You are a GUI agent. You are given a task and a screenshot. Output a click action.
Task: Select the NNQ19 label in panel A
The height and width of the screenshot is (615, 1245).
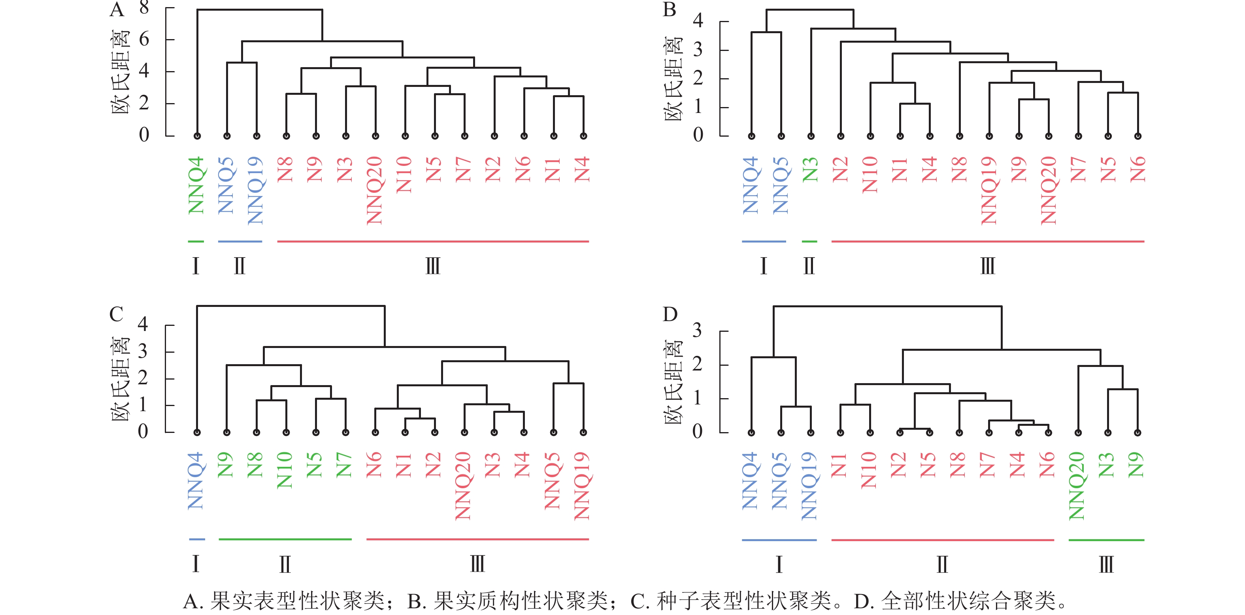click(256, 190)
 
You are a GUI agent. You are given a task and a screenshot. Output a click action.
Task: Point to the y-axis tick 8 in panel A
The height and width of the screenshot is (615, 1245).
click(144, 8)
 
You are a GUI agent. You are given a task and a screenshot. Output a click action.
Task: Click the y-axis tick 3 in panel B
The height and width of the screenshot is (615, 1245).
click(698, 50)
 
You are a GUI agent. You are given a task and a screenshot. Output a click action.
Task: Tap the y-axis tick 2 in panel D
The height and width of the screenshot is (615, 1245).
click(697, 364)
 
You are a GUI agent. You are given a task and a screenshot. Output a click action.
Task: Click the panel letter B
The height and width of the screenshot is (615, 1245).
click(670, 9)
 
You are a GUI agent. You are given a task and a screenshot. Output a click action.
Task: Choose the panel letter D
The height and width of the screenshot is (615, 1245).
click(670, 314)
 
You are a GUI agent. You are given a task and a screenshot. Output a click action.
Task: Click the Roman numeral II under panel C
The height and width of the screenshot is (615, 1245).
click(285, 564)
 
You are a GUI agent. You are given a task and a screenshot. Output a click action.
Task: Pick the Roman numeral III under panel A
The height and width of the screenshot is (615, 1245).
click(433, 266)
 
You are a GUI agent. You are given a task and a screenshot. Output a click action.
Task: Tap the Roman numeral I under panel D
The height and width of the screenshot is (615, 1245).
click(779, 564)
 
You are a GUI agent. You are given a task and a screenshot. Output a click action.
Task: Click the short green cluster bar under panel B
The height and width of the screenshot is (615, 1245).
click(809, 241)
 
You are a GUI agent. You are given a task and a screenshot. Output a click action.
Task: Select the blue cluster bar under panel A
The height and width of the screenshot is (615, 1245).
click(240, 241)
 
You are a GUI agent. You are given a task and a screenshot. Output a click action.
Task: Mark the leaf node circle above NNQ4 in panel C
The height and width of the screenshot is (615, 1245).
click(197, 433)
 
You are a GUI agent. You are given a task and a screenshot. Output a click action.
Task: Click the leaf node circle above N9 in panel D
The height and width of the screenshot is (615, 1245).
click(1138, 433)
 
